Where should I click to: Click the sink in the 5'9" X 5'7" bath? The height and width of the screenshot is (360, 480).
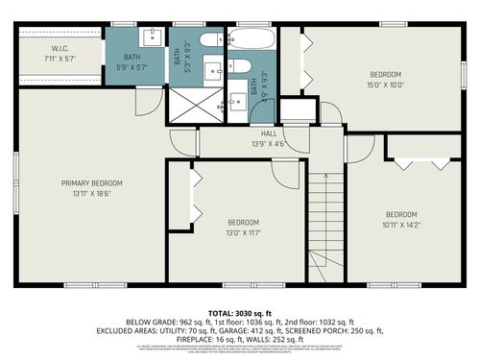tap(154, 38)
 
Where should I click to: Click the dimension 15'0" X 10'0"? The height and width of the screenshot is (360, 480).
tap(385, 84)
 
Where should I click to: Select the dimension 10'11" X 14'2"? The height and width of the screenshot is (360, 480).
tap(400, 225)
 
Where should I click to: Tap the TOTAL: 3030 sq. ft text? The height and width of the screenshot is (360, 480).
tap(241, 313)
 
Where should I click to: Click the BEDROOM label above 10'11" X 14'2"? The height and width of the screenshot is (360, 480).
tap(400, 214)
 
